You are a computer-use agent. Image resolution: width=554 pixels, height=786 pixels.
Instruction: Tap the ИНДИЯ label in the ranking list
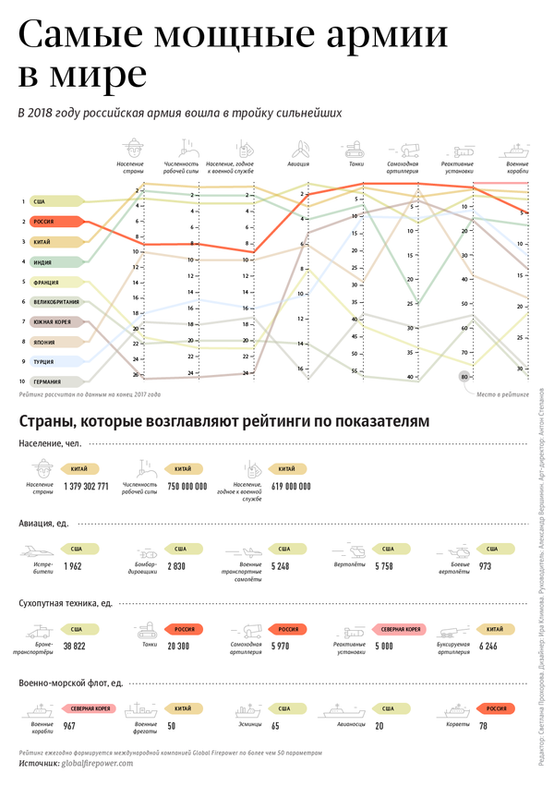point(46,262)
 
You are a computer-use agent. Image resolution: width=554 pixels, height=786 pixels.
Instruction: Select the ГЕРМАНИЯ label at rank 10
point(50,381)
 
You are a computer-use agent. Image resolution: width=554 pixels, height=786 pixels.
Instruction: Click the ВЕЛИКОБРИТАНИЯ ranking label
point(57,302)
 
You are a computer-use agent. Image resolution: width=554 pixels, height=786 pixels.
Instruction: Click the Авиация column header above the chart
point(300,163)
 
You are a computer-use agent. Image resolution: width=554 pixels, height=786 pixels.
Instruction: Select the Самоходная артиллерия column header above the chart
point(403,167)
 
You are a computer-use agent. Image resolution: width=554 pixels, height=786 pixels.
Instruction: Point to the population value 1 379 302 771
point(86,486)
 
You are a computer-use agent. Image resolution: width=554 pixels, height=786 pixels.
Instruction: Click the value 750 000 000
point(187,486)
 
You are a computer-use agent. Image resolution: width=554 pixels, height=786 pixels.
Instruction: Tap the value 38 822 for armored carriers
point(75,647)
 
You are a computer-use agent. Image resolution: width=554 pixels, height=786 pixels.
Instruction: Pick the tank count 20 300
point(179,647)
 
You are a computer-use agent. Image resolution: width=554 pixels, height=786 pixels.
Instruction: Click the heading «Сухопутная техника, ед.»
point(65,603)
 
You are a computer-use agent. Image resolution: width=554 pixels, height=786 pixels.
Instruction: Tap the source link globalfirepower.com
point(97,763)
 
